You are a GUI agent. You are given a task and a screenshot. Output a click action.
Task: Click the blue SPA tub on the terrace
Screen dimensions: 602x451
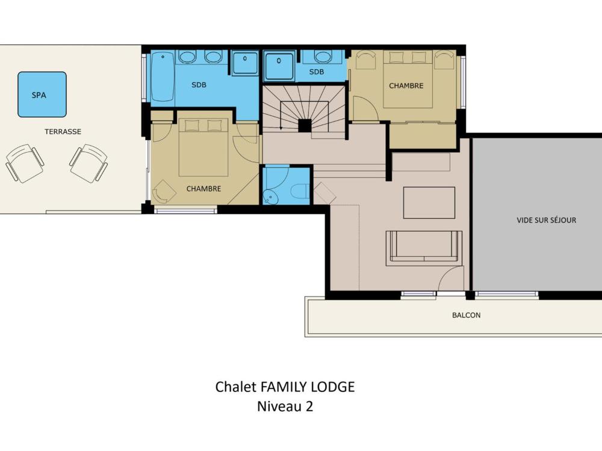pos(42,94)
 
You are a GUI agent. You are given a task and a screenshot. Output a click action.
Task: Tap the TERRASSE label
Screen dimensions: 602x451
pos(63,132)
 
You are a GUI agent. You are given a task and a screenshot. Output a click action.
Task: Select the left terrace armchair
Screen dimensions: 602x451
pos(24,163)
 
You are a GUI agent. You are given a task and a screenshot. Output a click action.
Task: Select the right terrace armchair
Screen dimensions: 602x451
pos(88,163)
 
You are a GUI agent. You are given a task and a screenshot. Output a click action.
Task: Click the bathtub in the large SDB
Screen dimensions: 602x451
pos(163,78)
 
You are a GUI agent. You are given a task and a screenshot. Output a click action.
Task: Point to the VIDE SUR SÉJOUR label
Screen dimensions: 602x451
pos(547,220)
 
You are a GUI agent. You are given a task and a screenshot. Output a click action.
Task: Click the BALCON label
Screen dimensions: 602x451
pos(466,315)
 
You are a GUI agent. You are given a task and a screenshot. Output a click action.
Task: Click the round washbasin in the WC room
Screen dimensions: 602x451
pos(271,197)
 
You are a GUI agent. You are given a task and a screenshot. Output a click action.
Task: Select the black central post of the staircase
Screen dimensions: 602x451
pos(305,126)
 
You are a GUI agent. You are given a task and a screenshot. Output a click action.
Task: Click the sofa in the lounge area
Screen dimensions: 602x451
pos(424,248)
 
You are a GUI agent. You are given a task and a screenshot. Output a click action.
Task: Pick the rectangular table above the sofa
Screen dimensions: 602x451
pos(429,203)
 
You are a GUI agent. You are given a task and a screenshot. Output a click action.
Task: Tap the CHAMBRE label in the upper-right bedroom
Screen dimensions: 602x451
pos(406,86)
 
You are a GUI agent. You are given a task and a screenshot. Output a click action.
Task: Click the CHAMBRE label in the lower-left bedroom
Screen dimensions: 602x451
pos(203,189)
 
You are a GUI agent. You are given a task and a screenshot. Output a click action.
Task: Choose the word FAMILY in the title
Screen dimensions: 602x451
pos(284,387)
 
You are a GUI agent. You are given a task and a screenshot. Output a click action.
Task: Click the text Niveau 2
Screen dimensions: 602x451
pos(285,406)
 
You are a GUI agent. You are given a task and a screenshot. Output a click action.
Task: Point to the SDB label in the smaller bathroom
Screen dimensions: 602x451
pos(317,72)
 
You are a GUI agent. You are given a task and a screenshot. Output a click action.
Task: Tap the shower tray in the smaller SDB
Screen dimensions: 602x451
pos(279,66)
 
